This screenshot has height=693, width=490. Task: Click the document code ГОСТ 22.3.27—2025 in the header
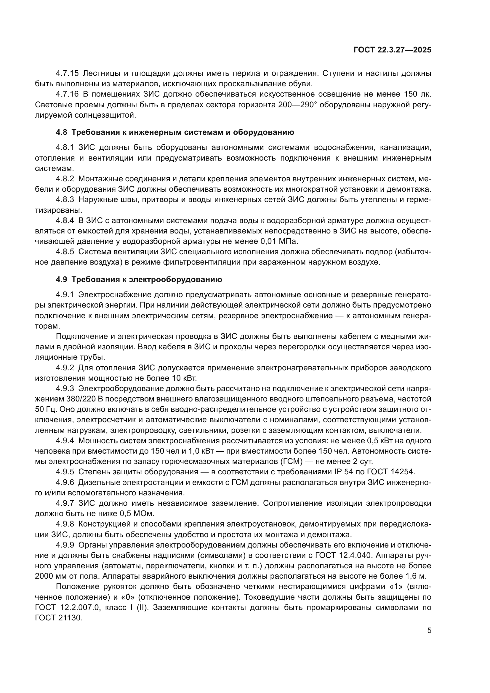pyautogui.click(x=392, y=50)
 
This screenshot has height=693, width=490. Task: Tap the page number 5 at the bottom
pyautogui.click(x=429, y=630)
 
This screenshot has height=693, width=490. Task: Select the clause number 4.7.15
pyautogui.click(x=67, y=73)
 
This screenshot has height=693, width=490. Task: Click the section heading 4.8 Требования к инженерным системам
pyautogui.click(x=175, y=132)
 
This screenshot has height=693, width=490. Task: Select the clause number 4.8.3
pyautogui.click(x=65, y=200)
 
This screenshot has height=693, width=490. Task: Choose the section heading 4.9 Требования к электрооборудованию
pyautogui.click(x=139, y=279)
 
